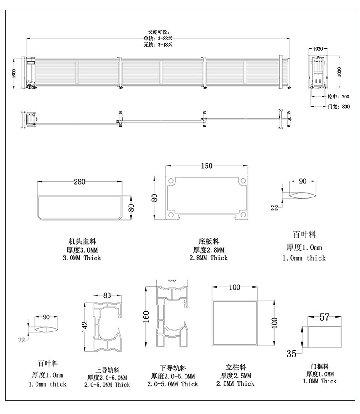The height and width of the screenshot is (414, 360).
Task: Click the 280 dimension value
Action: point(79,182)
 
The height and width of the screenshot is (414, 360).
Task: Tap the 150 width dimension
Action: point(206,166)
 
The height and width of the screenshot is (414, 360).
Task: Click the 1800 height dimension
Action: point(339,72)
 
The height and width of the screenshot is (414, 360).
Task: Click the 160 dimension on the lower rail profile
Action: point(146,316)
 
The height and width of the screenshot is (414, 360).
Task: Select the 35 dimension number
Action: point(292,352)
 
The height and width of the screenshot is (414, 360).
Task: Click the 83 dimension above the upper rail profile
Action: point(107,295)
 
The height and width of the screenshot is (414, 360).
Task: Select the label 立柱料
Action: point(236,367)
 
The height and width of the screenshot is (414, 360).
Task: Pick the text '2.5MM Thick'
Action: point(236,384)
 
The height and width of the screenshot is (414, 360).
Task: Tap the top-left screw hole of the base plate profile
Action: point(171,181)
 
